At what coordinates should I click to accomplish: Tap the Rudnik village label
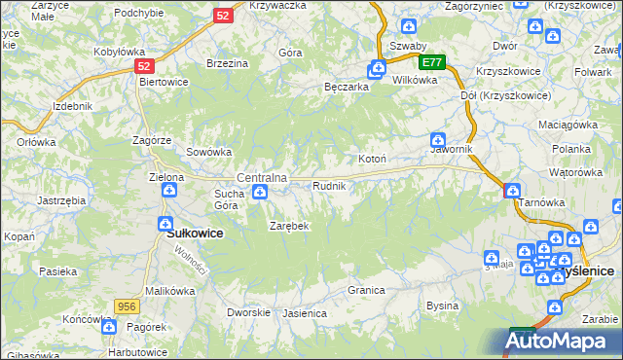[329, 186]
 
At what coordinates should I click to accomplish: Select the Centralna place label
[262, 178]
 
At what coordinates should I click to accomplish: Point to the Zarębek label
[288, 226]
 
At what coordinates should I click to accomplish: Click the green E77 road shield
[433, 62]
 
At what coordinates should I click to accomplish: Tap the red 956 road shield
[126, 306]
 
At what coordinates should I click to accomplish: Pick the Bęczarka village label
[347, 87]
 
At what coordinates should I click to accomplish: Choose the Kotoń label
[374, 159]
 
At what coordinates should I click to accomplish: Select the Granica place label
[367, 290]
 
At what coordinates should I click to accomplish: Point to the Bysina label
[442, 306]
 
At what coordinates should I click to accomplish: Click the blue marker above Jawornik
[438, 140]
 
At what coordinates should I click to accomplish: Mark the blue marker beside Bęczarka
[376, 69]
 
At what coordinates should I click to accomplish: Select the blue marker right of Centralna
[260, 193]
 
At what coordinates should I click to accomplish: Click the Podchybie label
[138, 13]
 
